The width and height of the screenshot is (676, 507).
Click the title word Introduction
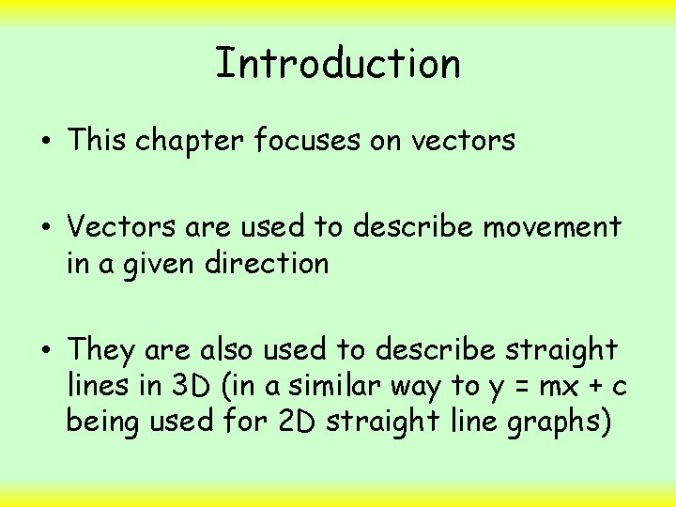coord(338,64)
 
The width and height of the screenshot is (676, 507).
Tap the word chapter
coord(191,141)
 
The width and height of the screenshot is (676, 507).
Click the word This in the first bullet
coord(98,141)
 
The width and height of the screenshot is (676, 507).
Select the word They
coord(101,350)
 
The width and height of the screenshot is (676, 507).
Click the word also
coord(226,350)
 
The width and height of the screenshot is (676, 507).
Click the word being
coord(102,423)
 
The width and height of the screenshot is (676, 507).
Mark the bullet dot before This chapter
coord(46,142)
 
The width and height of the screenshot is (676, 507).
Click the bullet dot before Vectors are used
coord(46,227)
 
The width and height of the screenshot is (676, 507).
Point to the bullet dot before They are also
coord(46,351)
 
